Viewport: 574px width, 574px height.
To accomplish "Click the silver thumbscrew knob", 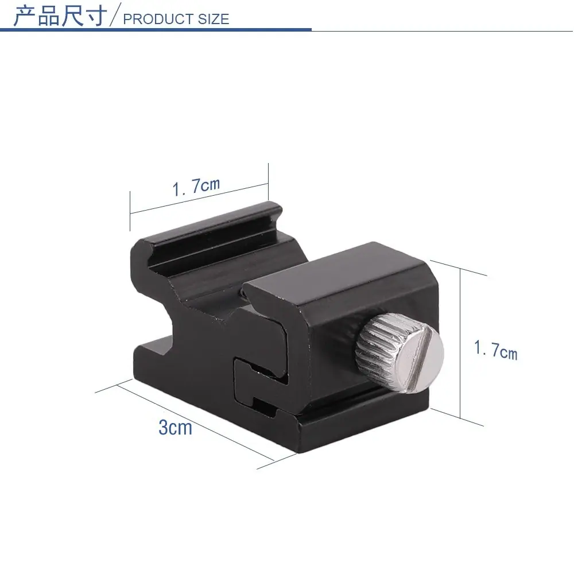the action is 400,353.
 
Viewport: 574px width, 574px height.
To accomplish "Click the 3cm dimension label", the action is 175,427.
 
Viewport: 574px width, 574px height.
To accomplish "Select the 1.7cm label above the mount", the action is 196,187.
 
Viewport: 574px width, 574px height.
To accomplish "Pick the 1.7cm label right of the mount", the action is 496,350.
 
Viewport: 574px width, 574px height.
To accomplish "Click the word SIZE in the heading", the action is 214,19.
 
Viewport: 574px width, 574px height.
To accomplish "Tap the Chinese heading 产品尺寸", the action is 60,15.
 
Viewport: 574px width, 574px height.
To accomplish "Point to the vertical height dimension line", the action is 460,343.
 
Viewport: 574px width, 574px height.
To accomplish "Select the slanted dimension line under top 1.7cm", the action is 199,198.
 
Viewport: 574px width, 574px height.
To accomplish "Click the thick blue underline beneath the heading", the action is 156,30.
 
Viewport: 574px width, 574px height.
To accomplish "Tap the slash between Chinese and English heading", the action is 115,15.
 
